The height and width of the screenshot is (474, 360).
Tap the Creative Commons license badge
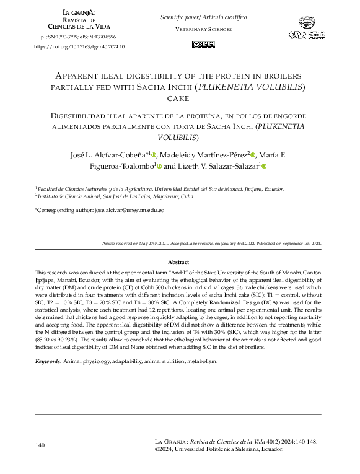pyautogui.click(x=204, y=44)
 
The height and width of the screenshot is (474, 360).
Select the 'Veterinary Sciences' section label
pyautogui.click(x=204, y=29)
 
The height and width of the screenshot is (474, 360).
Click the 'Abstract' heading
pyautogui.click(x=178, y=262)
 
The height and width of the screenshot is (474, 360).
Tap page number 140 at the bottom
pyautogui.click(x=40, y=445)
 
